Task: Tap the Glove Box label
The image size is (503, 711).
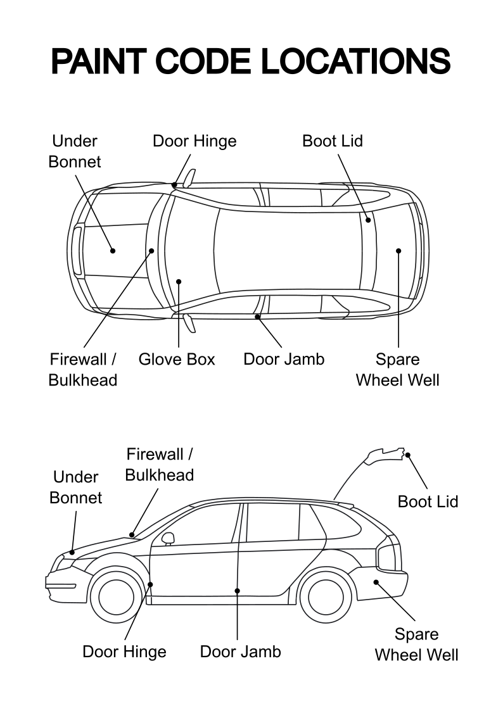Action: pyautogui.click(x=177, y=359)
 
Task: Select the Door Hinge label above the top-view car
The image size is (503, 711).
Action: pyautogui.click(x=194, y=141)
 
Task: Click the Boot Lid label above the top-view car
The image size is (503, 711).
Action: pyautogui.click(x=333, y=141)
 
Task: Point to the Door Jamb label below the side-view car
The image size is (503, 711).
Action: pyautogui.click(x=240, y=651)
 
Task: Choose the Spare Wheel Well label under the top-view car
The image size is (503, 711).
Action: pyautogui.click(x=397, y=370)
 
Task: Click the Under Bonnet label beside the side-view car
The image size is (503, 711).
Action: pyautogui.click(x=76, y=488)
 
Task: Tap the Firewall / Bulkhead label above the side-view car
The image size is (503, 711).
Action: pyautogui.click(x=159, y=464)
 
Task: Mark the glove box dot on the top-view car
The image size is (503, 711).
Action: pyautogui.click(x=179, y=282)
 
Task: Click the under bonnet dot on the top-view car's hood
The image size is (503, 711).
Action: pyautogui.click(x=113, y=251)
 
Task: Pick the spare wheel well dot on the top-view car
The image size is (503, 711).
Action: pyautogui.click(x=398, y=251)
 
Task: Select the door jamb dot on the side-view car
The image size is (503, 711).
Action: pyautogui.click(x=237, y=591)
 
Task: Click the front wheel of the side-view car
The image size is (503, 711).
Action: pyautogui.click(x=116, y=596)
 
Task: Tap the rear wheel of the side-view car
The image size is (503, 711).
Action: pyautogui.click(x=326, y=596)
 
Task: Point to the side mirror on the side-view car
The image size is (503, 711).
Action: pyautogui.click(x=169, y=538)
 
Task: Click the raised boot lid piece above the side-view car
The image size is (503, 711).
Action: pyautogui.click(x=386, y=456)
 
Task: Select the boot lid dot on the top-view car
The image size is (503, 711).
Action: pyautogui.click(x=368, y=220)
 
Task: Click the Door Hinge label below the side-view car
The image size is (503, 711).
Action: pyautogui.click(x=124, y=652)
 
